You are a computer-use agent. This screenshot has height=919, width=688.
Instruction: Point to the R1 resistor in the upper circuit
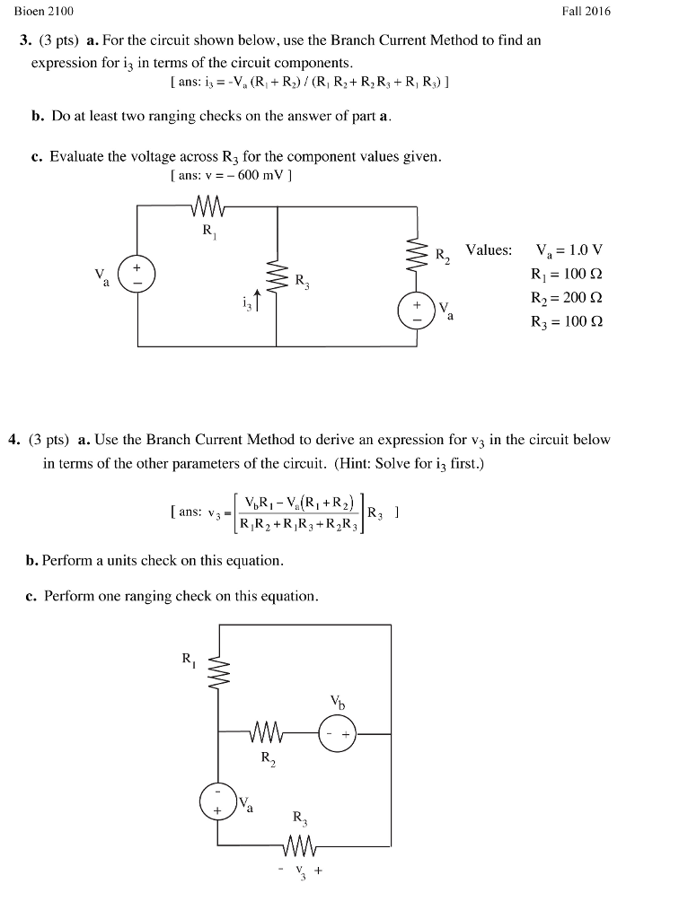coord(207,208)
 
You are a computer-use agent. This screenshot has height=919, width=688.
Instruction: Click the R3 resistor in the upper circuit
coord(278,278)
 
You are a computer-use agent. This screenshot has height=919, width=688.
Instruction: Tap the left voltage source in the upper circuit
coord(139,275)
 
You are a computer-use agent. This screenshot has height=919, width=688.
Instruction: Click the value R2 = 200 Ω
coord(567,298)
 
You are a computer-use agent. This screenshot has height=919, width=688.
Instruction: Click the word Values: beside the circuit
coord(489,250)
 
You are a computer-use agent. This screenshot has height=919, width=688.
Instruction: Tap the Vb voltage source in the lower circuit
coord(338,733)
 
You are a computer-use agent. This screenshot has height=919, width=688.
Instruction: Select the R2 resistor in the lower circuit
coord(269,734)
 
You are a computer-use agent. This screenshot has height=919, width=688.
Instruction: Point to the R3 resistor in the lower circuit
coord(299,845)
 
